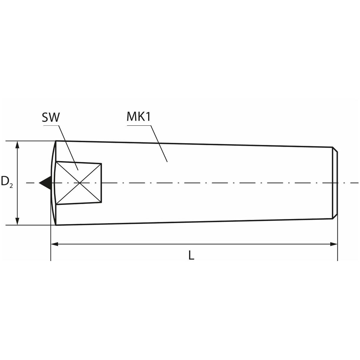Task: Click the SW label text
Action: (51, 117)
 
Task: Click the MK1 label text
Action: (138, 117)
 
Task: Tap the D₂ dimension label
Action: (7, 181)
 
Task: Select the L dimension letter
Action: (191, 255)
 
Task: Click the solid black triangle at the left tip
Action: (46, 183)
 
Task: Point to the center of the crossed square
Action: (79, 183)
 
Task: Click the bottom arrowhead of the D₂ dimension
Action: (17, 221)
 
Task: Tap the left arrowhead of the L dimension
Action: (55, 244)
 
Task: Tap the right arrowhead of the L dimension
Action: (334, 244)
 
